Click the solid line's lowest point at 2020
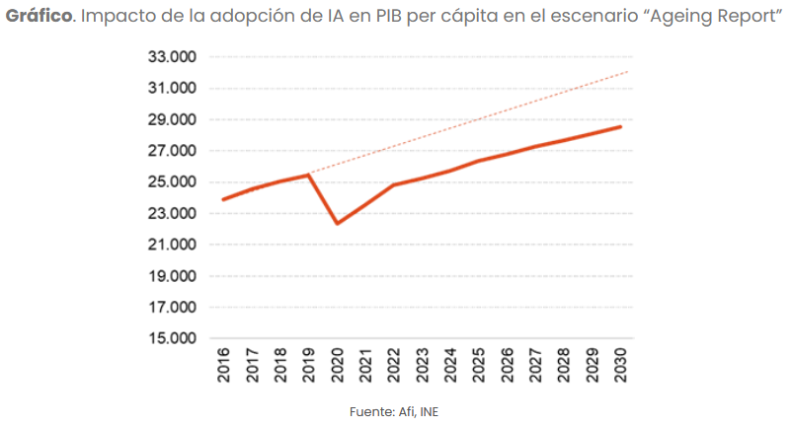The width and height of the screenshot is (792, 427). tap(338, 224)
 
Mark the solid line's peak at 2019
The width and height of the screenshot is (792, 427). tap(309, 175)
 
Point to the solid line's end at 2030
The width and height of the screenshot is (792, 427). tap(621, 126)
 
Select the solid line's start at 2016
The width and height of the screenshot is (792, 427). tap(223, 200)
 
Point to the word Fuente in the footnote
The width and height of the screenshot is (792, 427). tap(370, 411)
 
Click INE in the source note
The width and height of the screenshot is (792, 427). tap(430, 411)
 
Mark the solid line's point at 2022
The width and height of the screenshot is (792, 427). tap(394, 185)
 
